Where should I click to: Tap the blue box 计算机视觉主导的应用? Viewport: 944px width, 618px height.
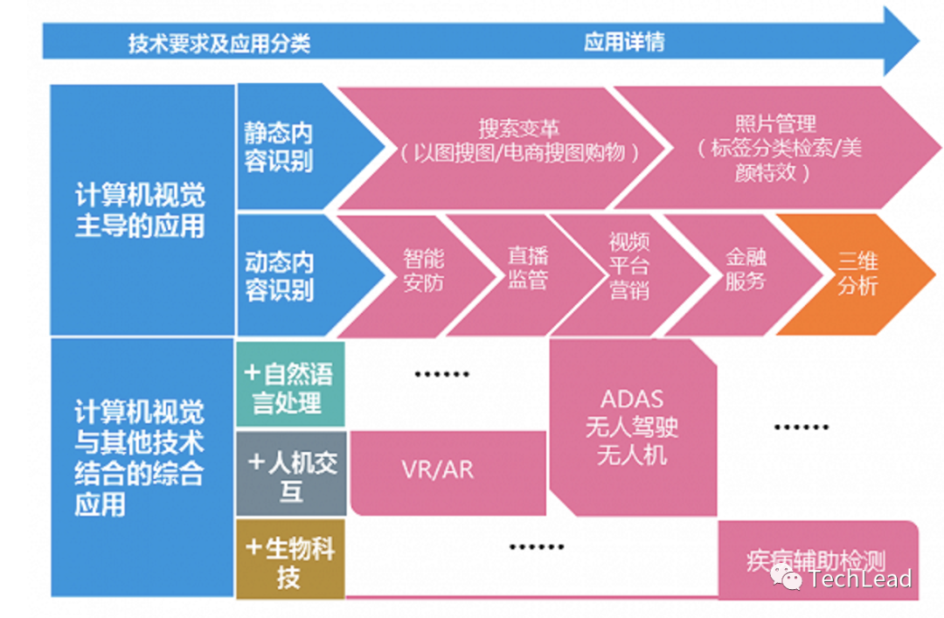click(140, 211)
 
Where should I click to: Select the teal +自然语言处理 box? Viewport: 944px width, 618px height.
click(290, 388)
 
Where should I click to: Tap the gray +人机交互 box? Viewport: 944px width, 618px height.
click(291, 474)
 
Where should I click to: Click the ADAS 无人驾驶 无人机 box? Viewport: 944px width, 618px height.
click(632, 427)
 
